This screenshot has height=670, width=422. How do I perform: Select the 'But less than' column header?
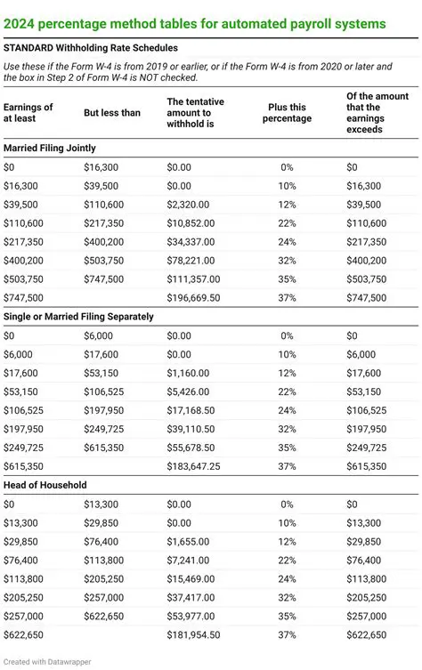coord(111,114)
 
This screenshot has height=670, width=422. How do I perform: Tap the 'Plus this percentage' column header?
coord(287,113)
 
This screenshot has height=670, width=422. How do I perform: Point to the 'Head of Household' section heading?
coord(45,485)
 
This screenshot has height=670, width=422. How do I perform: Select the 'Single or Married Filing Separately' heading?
coord(79,316)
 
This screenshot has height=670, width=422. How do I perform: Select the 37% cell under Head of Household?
coord(287,635)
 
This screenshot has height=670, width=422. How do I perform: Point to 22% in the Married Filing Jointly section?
coord(287,223)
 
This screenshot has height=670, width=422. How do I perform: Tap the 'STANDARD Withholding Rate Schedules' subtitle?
coord(90,47)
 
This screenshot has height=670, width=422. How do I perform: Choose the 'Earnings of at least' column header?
coord(28,113)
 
